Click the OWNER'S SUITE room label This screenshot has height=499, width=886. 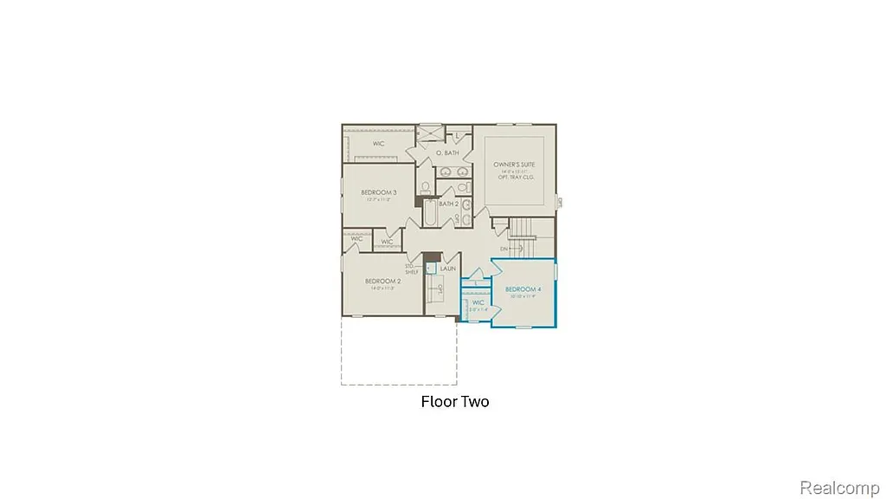tap(514, 164)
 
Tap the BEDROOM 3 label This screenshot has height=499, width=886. tap(379, 192)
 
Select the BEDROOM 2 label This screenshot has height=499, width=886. tap(382, 282)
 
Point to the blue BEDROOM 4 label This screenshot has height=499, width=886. tap(523, 288)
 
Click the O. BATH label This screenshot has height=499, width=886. tap(446, 153)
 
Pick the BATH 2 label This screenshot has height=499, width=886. tap(448, 204)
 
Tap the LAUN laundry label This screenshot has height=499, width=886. tap(447, 269)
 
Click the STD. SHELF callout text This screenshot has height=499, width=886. tap(412, 269)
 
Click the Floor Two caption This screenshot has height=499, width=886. tap(455, 401)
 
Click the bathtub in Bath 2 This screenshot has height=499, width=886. tap(430, 213)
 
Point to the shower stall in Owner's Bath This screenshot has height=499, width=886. tap(430, 135)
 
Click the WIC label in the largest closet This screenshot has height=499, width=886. tap(379, 143)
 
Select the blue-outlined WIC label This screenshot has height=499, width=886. tap(478, 302)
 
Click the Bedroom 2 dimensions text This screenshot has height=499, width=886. tap(382, 288)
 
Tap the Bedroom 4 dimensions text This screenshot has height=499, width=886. tap(523, 295)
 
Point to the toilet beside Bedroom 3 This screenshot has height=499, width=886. tap(425, 188)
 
